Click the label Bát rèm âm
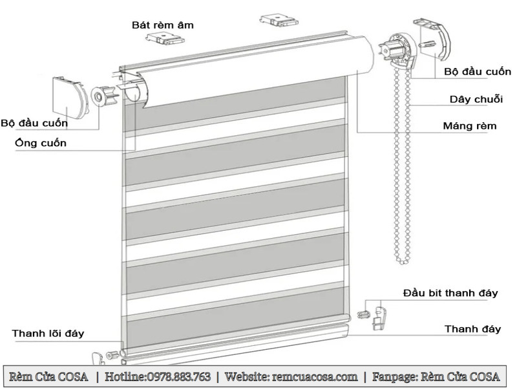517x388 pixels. click(x=163, y=25)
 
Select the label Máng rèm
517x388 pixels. click(x=470, y=125)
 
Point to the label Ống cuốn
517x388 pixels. click(x=40, y=143)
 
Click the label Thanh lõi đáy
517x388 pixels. click(x=48, y=334)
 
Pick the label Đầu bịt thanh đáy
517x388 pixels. click(x=450, y=293)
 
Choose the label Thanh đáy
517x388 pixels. click(x=472, y=329)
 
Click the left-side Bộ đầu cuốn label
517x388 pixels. click(x=34, y=123)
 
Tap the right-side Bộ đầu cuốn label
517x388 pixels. click(x=477, y=72)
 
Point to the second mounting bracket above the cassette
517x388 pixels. click(x=278, y=21)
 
